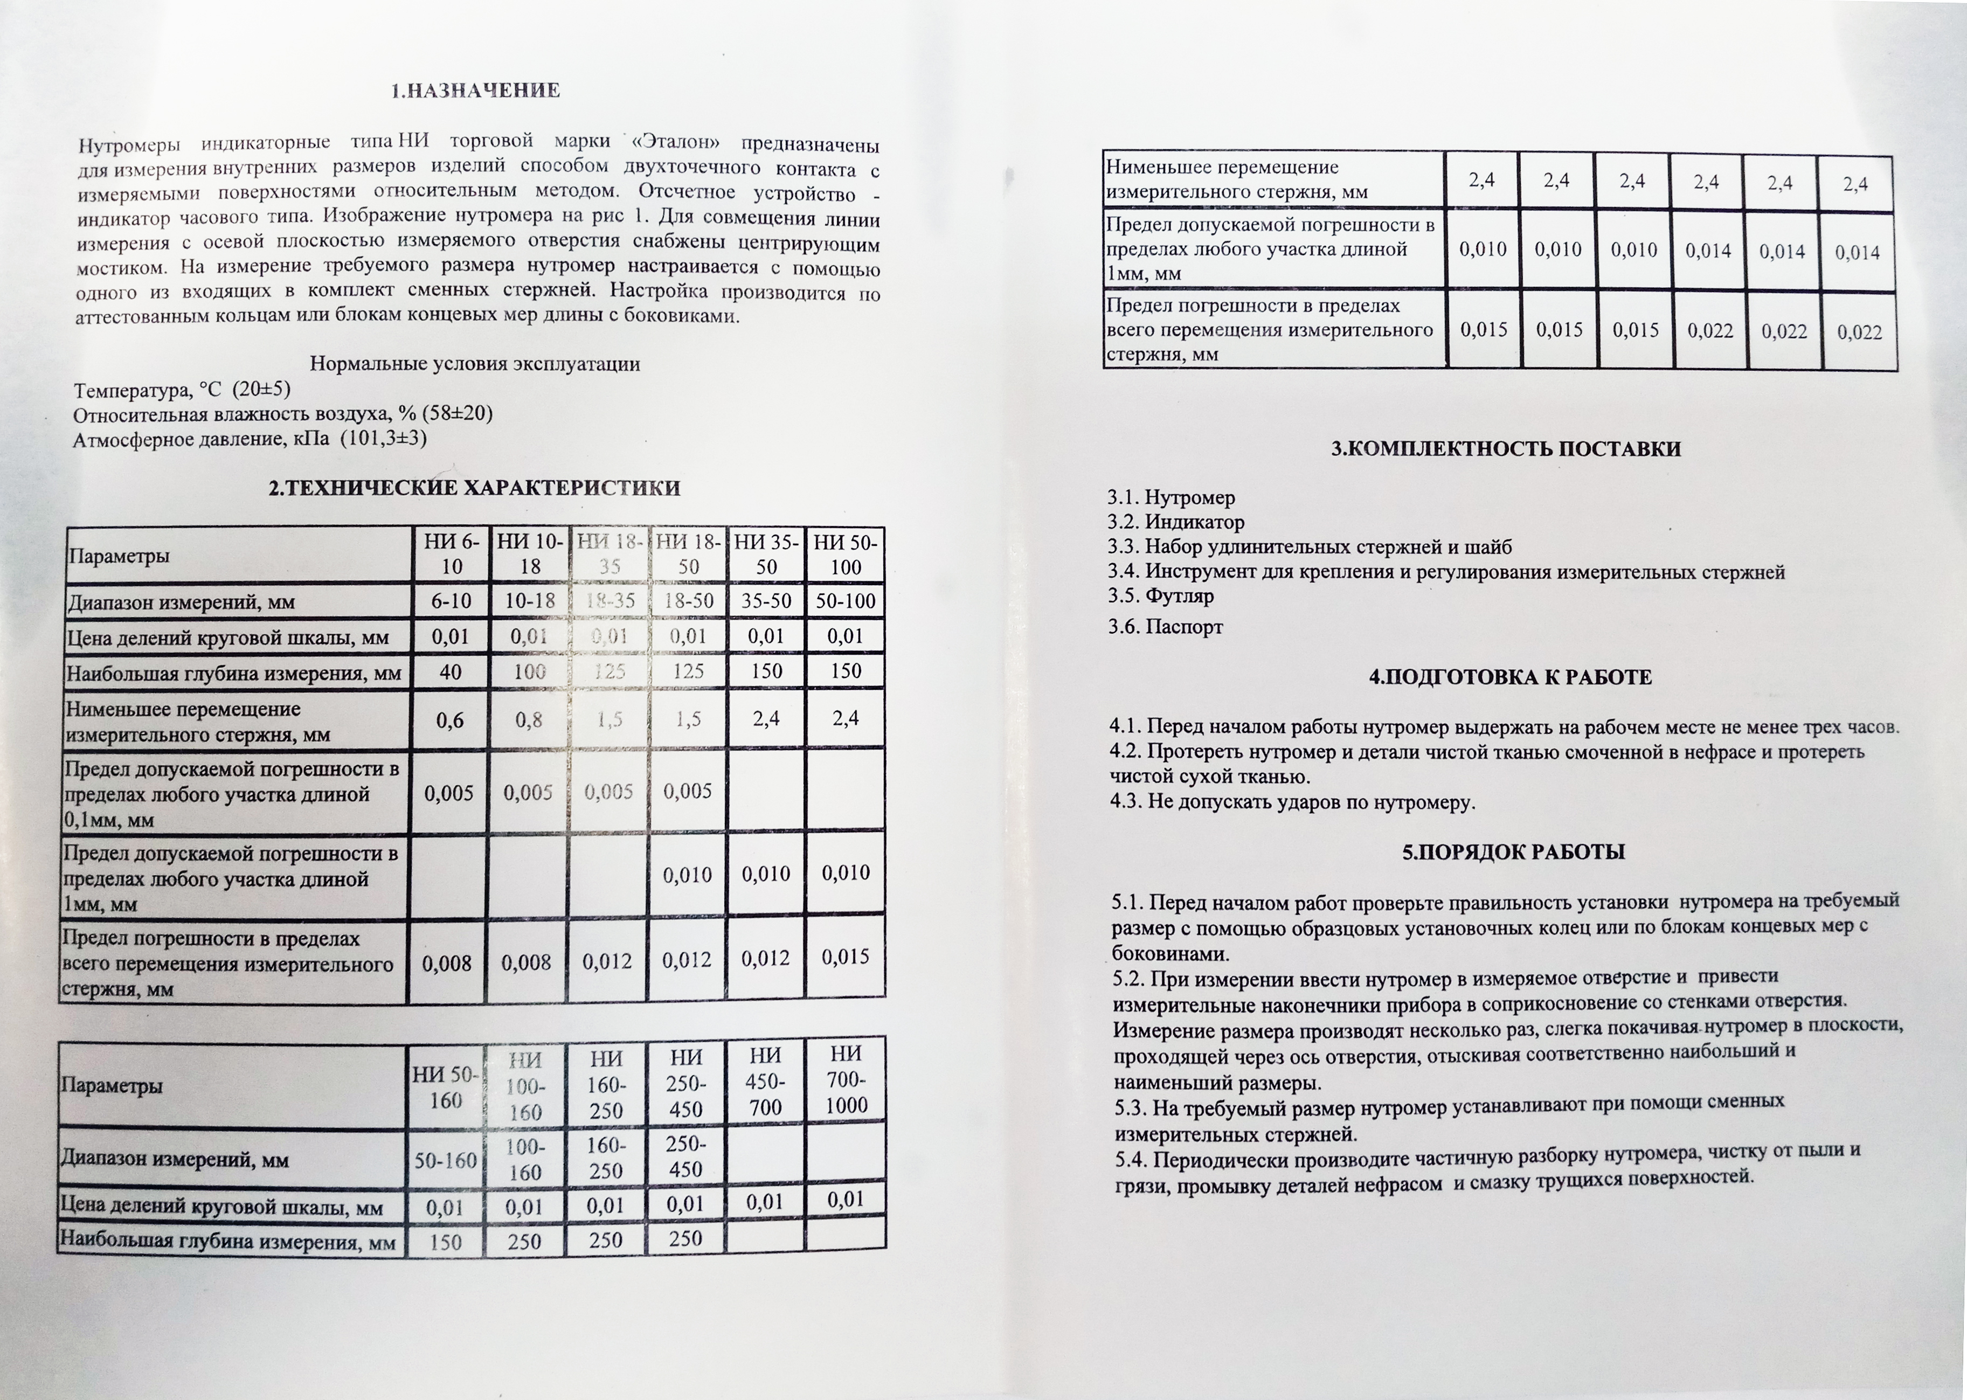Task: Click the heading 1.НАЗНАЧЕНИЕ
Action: coord(475,91)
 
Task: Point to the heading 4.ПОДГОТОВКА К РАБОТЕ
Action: coord(1510,677)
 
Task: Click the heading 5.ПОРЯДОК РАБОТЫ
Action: coord(1513,853)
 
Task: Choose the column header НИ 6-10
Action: coord(451,555)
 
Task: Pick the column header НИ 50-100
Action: coord(846,555)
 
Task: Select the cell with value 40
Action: coord(450,671)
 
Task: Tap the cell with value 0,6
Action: coord(450,720)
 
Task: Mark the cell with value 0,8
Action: coord(528,720)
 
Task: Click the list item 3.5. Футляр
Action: coord(1161,595)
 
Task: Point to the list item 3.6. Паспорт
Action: coord(1165,627)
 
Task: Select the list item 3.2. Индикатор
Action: coord(1176,522)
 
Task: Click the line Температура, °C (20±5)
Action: coord(182,390)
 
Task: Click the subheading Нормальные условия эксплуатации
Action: coord(474,364)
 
